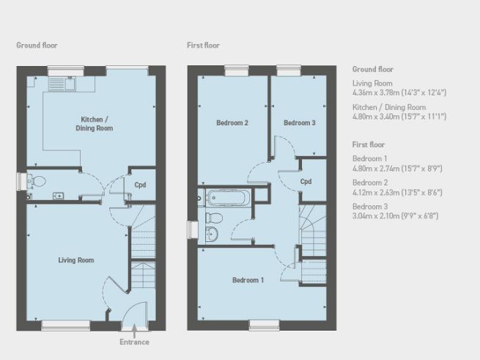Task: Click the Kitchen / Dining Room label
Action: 97,123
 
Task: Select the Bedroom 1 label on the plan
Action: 247,280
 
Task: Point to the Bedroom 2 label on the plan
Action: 232,123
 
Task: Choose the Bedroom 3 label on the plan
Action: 299,123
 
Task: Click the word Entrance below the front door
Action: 134,342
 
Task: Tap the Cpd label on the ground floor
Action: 140,185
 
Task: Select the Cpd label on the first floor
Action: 306,181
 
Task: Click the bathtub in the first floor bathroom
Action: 227,197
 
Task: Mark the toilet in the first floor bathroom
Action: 213,217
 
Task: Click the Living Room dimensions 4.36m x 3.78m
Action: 399,93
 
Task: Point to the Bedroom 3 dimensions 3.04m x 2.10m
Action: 396,217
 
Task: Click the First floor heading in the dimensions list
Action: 368,145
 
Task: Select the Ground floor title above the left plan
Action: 37,45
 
